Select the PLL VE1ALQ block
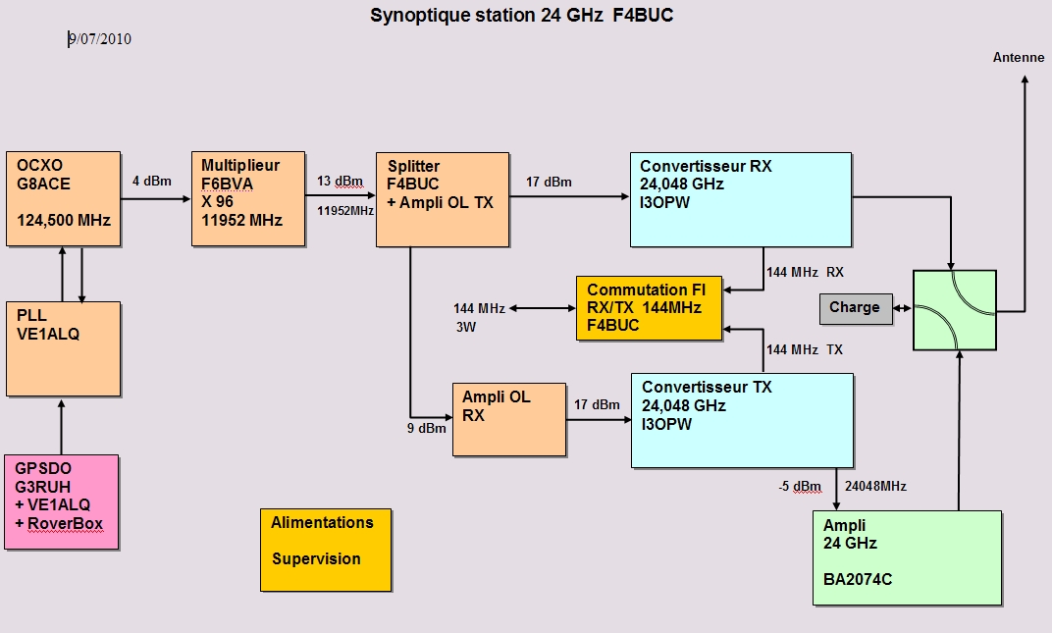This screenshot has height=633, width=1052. point(63,347)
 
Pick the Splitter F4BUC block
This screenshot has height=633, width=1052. point(443,199)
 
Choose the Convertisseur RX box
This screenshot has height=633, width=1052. point(741,199)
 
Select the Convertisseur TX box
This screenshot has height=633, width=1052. point(741,420)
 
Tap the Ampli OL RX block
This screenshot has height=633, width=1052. point(509,419)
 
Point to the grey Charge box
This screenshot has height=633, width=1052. point(855,308)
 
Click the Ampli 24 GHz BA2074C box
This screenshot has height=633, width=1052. point(907,557)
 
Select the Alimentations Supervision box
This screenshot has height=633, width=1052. point(326,550)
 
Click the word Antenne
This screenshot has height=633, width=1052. point(1019,58)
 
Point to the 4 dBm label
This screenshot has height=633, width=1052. point(152,181)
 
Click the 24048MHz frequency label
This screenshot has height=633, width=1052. point(874,486)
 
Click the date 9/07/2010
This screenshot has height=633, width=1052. point(100,39)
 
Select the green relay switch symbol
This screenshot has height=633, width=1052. point(954,310)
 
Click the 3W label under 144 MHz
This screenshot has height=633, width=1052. point(465,327)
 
